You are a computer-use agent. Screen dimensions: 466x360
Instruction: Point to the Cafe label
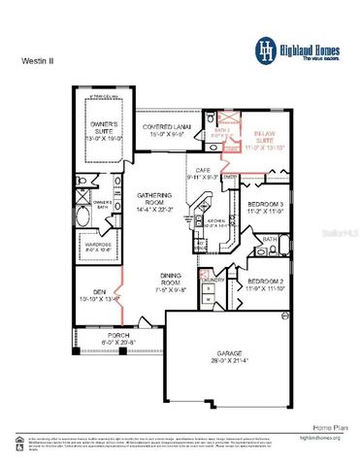coord(203,173)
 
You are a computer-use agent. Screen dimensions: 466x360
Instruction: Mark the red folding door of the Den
coord(120,291)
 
